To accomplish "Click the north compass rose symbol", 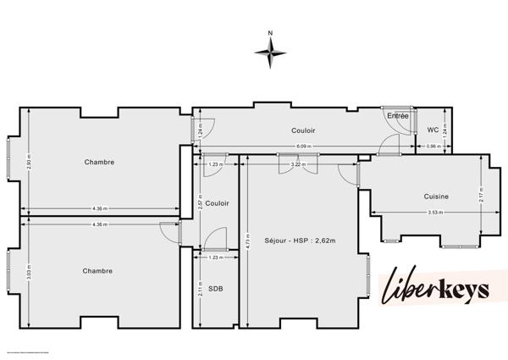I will pos(271,53).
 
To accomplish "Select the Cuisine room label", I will pos(436,197).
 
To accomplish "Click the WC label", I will pos(433,130).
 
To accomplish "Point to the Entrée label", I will pos(397,115).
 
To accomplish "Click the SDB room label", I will pos(217,290).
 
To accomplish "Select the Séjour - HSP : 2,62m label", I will pos(300,241).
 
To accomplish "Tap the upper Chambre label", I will pos(99,162).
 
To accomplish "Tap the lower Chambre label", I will pos(97,271).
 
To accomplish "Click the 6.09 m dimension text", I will pos(303,146).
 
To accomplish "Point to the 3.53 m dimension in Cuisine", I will pos(436,212).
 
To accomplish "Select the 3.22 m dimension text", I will pos(296,164).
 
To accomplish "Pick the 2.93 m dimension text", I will pos(29,162).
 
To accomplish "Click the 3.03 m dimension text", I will pos(29,273).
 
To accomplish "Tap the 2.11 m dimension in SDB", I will pos(200,292).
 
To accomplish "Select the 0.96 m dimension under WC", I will pos(433,147).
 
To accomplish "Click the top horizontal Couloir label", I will pos(303,130).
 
